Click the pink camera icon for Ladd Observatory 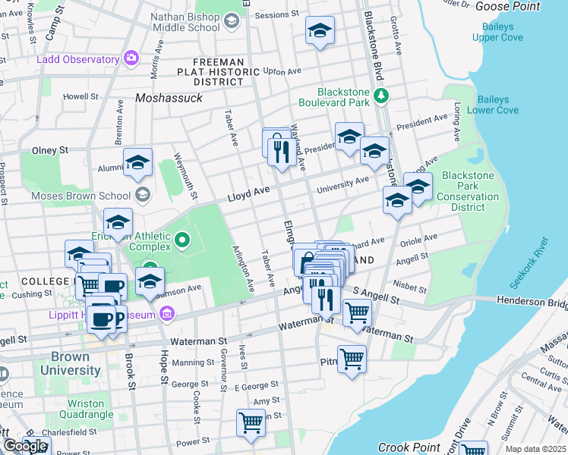click(x=133, y=58)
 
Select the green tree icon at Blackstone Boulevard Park click(x=381, y=96)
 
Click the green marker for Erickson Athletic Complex click(x=181, y=242)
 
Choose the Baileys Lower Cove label click(x=497, y=105)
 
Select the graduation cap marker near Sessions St click(x=320, y=31)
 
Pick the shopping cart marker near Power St click(x=251, y=422)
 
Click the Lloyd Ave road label click(x=249, y=195)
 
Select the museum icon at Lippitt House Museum click(x=167, y=315)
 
